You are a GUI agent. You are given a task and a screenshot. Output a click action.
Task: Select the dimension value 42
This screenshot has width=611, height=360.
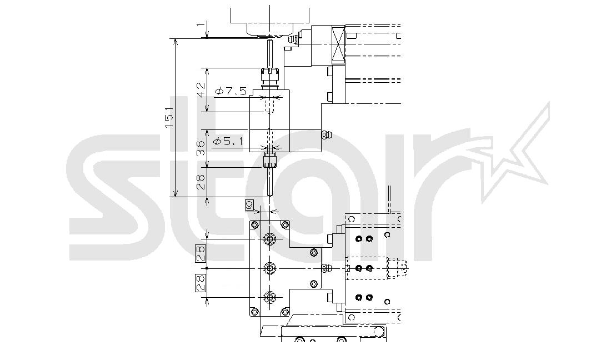[201, 90]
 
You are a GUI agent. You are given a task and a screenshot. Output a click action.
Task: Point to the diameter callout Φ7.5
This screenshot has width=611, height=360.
[231, 92]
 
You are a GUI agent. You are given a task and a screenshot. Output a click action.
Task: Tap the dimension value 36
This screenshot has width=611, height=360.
[201, 148]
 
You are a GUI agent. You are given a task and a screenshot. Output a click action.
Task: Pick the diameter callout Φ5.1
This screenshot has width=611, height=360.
[228, 142]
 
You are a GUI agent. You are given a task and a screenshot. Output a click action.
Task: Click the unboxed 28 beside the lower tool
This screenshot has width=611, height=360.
[201, 182]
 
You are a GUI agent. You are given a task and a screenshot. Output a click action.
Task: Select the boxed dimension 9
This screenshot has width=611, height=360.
[249, 204]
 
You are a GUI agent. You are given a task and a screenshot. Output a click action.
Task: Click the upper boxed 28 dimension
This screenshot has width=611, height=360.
[201, 253]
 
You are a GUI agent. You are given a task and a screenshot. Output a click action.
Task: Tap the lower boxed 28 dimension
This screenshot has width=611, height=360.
[201, 283]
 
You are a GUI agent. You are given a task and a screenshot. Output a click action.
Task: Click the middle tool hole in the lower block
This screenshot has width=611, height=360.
[269, 268]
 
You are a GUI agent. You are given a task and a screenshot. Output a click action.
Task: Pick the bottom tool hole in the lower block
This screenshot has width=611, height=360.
[269, 298]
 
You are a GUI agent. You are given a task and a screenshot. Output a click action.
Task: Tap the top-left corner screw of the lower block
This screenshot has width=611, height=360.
[254, 225]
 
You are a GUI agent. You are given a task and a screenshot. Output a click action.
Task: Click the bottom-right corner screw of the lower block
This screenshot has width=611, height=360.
[285, 312]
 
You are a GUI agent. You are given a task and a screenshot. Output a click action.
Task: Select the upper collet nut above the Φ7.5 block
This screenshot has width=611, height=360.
[269, 72]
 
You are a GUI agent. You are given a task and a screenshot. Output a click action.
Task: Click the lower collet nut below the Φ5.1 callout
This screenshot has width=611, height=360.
[269, 160]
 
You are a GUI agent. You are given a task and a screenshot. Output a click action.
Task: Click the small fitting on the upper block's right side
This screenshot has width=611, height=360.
[326, 135]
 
